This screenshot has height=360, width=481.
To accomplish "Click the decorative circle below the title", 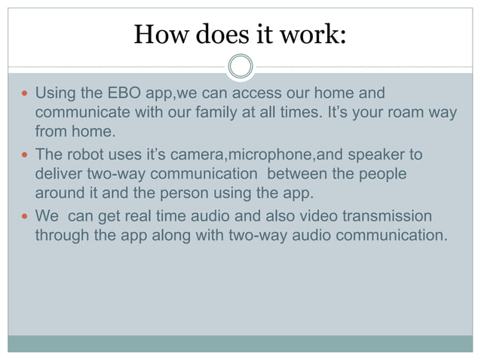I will point(240,67).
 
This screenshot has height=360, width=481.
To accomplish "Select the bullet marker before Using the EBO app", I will point(25,95).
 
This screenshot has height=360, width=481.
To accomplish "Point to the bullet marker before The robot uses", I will point(25,155).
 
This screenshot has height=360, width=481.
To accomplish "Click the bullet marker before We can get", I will point(25,216).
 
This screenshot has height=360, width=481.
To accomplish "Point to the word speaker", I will point(384,155).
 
